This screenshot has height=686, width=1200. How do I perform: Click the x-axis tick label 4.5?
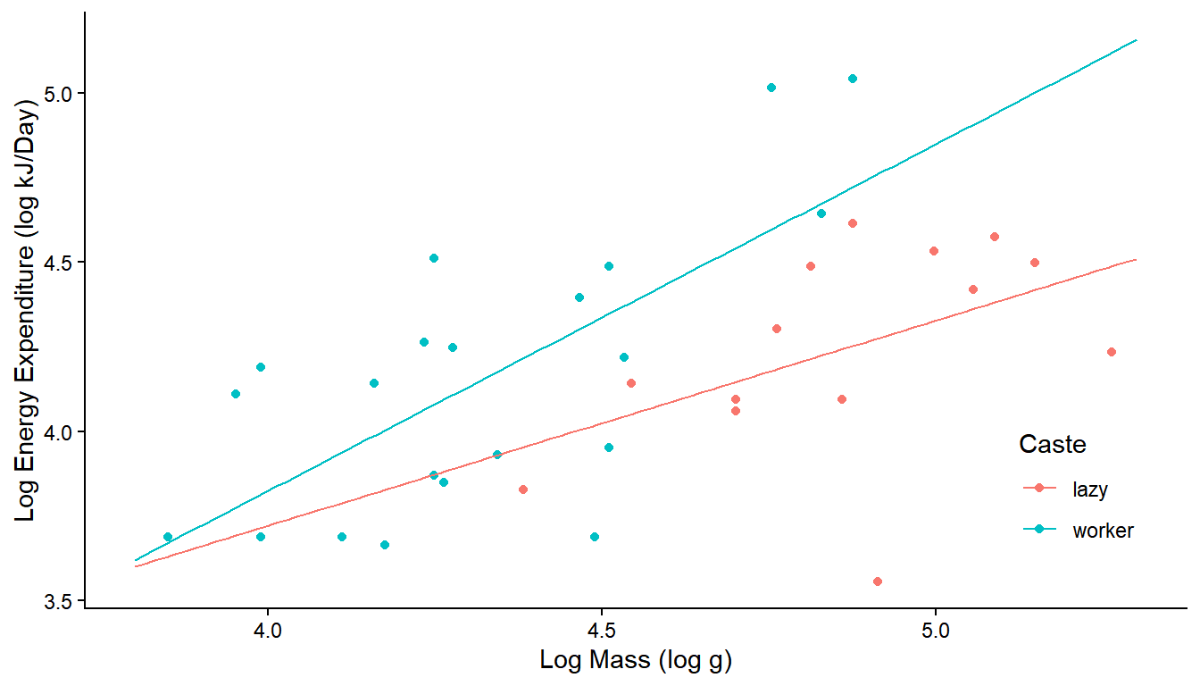602,632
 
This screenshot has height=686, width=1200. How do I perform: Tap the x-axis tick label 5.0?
936,632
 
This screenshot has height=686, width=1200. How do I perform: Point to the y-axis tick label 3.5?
59,600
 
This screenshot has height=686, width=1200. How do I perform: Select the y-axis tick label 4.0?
59,431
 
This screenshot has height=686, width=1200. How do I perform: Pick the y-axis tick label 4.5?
59,263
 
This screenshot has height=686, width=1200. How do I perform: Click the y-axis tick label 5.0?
59,94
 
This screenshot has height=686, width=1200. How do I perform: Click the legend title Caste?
1053,444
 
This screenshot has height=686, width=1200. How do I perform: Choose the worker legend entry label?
1104,531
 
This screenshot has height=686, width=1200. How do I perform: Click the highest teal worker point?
853,79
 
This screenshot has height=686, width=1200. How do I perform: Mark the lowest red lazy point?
878,581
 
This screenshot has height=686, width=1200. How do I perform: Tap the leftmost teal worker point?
168,537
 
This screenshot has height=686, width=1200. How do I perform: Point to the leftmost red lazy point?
523,489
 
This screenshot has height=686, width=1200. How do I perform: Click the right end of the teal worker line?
1136,40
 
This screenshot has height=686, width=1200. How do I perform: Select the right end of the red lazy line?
1136,259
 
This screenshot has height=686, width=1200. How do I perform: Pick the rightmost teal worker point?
853,79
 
